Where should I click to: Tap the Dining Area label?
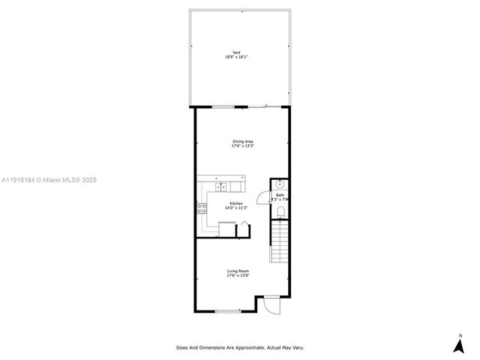(242, 141)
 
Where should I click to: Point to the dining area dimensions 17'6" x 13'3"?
(242, 146)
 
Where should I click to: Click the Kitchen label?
(236, 203)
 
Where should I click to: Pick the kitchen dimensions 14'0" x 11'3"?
(236, 208)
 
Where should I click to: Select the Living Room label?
(238, 271)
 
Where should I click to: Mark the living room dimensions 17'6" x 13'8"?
(238, 276)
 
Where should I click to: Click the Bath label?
(280, 195)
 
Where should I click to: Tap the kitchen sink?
(222, 187)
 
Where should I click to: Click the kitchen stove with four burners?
(202, 209)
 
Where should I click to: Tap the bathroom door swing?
(262, 198)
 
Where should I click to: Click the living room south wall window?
(227, 310)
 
